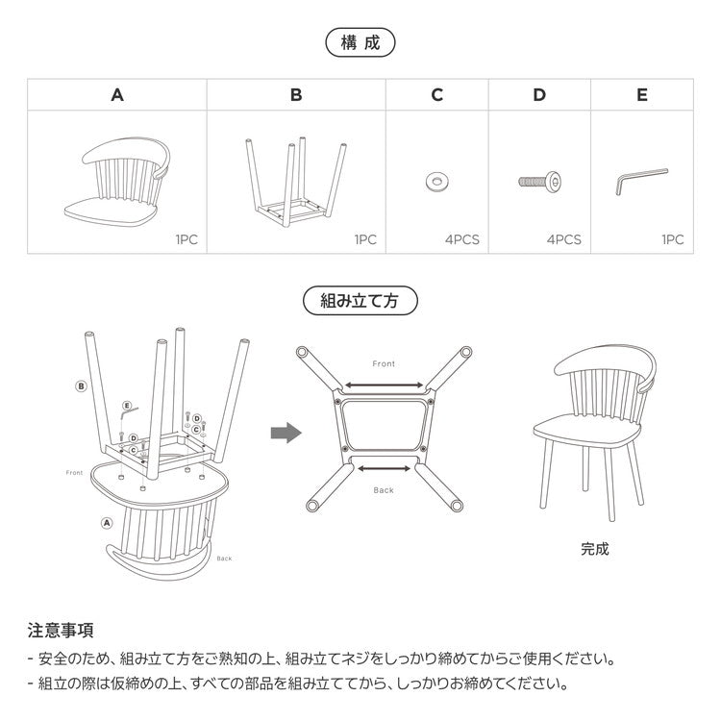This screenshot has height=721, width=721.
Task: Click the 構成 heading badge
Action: pyautogui.click(x=360, y=42)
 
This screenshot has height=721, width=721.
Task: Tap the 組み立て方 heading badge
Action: pyautogui.click(x=360, y=300)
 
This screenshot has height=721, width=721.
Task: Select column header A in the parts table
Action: pyautogui.click(x=117, y=94)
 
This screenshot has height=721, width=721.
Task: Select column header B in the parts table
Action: pyautogui.click(x=296, y=94)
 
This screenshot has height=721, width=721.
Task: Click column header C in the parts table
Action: pyautogui.click(x=437, y=94)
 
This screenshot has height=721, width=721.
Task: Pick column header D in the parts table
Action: pyautogui.click(x=539, y=94)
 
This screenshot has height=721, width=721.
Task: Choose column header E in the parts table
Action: pyautogui.click(x=642, y=94)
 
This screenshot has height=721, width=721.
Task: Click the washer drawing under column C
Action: pyautogui.click(x=437, y=180)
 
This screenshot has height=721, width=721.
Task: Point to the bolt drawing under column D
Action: pyautogui.click(x=539, y=181)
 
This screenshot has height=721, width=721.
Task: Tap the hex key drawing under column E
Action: pyautogui.click(x=639, y=180)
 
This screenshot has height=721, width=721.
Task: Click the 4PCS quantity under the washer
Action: pyautogui.click(x=461, y=239)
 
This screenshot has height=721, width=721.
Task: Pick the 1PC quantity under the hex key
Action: pyautogui.click(x=673, y=239)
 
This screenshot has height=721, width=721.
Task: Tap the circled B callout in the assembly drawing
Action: pyautogui.click(x=82, y=386)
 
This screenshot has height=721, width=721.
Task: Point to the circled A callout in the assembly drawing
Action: pyautogui.click(x=106, y=523)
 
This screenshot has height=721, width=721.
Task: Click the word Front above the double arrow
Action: pyautogui.click(x=384, y=364)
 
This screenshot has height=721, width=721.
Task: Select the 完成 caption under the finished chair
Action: pyautogui.click(x=594, y=550)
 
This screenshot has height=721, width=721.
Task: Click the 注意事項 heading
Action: pyautogui.click(x=60, y=631)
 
